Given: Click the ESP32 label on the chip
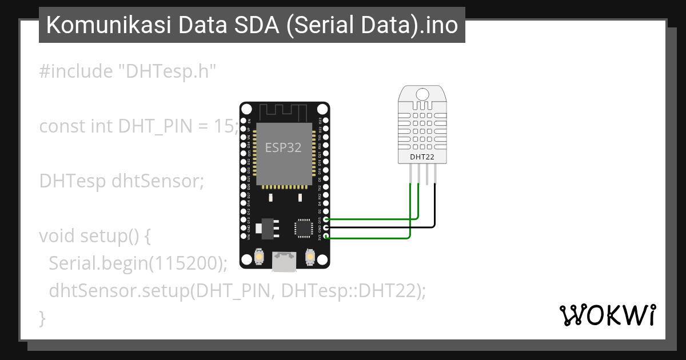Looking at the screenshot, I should [x=283, y=147].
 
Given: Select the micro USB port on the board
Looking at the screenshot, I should [x=284, y=262].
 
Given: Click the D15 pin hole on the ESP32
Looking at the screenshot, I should [x=326, y=219].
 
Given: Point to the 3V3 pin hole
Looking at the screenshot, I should [x=326, y=237].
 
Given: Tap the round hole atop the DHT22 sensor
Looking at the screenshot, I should [x=423, y=94].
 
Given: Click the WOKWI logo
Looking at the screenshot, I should [x=607, y=315].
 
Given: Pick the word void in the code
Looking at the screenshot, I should [x=57, y=235].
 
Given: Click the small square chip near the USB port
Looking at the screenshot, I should [x=302, y=228].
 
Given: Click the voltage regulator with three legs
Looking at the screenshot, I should [x=264, y=228].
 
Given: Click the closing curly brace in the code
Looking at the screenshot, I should [x=42, y=318].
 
